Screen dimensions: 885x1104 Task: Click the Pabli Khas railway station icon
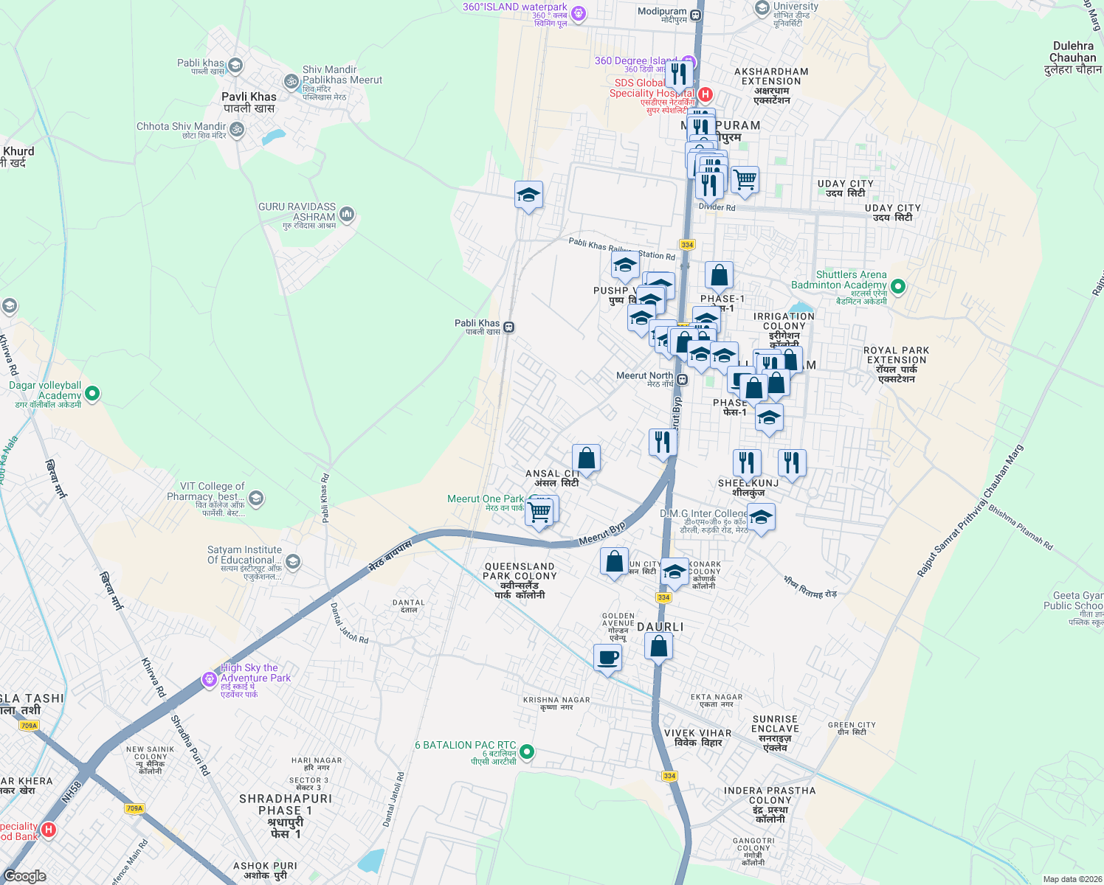[x=508, y=327]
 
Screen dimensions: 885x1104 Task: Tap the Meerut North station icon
[x=683, y=380]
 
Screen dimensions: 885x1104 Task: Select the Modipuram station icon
[x=695, y=13]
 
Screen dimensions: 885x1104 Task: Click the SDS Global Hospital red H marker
[x=705, y=94]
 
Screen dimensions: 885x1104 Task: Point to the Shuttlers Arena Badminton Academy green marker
[x=898, y=285]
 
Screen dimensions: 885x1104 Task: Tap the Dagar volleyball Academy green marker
[x=92, y=394]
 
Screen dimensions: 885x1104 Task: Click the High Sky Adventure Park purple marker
[x=210, y=679]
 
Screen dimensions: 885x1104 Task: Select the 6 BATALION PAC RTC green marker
[x=526, y=752]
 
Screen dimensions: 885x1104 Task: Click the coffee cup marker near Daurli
[x=607, y=657]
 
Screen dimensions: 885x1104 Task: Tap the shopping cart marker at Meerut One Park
[x=540, y=510]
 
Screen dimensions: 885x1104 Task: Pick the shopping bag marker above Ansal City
[x=586, y=459]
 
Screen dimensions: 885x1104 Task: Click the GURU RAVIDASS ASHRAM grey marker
[x=347, y=215]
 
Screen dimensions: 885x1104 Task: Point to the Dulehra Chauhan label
[x=1073, y=58]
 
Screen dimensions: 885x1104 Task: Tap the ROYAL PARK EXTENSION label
[x=897, y=364]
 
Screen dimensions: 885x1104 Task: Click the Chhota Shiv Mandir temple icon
[x=236, y=130]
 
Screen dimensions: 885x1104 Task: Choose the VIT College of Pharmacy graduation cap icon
[x=256, y=498]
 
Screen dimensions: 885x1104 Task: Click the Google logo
[x=25, y=876]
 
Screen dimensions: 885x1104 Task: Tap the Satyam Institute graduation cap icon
[x=292, y=562]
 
